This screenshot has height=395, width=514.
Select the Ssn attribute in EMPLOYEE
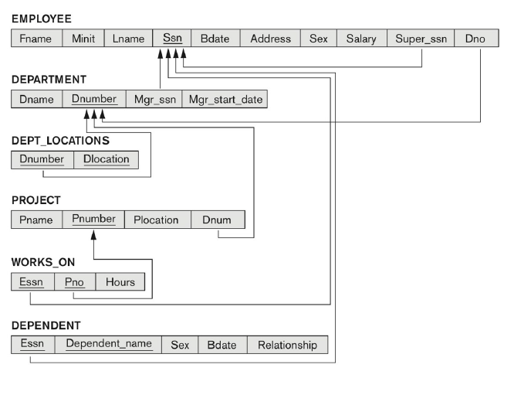coord(172,38)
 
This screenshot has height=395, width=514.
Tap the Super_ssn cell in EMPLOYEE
coord(421,38)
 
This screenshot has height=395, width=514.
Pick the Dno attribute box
coord(475,38)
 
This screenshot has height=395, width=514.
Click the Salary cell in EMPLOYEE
coord(361,38)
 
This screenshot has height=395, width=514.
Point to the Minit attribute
coord(83,38)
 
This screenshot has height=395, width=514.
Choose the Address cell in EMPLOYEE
coord(271,38)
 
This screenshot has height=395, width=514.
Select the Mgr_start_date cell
coord(225,100)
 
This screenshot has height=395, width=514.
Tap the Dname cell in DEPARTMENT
coord(37,100)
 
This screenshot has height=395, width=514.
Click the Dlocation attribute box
coord(107,160)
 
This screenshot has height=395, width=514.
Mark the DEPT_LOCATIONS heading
coord(60,141)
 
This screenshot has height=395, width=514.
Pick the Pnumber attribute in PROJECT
coord(93,220)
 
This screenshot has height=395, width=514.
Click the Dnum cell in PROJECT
coord(217,220)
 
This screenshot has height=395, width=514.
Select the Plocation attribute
coord(157,220)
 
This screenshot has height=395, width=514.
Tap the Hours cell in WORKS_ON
coord(120,282)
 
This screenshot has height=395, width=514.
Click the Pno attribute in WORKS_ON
coord(75,282)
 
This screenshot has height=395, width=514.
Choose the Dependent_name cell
coord(109,345)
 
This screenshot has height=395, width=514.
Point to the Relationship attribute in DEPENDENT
coord(287,345)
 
